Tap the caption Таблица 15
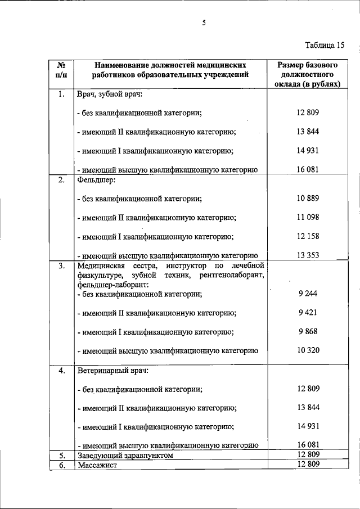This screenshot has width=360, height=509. [x=325, y=45]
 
